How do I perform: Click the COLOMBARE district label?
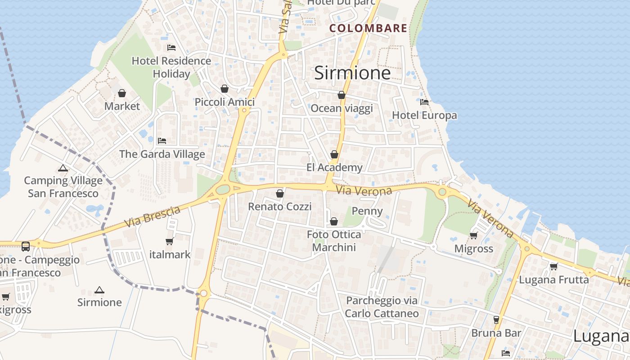(368, 28)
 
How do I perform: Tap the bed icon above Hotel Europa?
(424, 102)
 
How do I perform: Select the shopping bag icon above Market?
(122, 93)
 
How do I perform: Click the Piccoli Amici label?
(225, 102)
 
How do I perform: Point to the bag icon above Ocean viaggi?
(342, 95)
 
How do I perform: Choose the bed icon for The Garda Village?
(162, 141)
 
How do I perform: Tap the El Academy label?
(334, 168)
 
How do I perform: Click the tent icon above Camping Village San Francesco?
(63, 168)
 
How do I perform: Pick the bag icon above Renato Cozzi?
(280, 193)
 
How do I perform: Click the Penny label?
(367, 211)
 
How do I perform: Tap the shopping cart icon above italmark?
(170, 242)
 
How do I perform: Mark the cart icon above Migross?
(473, 235)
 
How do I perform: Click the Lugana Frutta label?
(554, 280)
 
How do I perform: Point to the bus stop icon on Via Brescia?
(26, 246)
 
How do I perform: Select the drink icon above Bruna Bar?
(496, 320)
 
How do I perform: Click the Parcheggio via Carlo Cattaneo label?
(382, 307)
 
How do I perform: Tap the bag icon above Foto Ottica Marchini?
(334, 221)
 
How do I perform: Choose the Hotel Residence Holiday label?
(171, 67)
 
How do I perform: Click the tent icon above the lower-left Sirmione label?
(99, 290)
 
